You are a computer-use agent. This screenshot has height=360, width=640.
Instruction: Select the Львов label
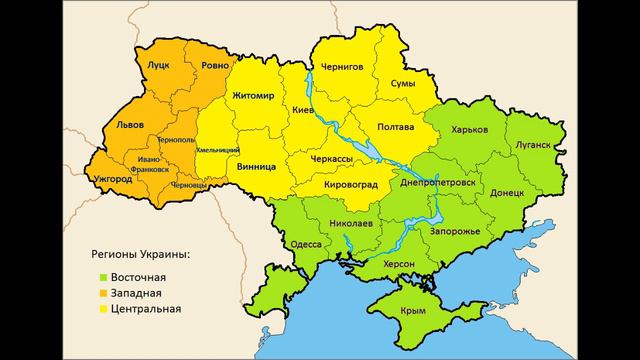tap(130, 125)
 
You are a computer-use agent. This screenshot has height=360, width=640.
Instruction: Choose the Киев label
tap(303, 108)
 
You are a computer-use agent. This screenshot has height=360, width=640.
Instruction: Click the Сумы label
tap(402, 83)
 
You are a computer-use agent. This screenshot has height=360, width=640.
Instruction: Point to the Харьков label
tap(470, 130)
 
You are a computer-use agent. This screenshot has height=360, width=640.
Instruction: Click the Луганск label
tap(535, 144)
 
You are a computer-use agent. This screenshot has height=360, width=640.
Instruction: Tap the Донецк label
tap(508, 192)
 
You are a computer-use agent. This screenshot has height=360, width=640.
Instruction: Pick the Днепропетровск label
tap(435, 184)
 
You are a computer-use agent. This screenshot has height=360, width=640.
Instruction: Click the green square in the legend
tap(102, 277)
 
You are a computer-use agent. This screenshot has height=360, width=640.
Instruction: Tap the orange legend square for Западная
tap(102, 293)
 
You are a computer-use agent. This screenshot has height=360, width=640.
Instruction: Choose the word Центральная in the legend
tap(147, 309)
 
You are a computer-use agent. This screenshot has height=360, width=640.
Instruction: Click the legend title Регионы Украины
tap(142, 255)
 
